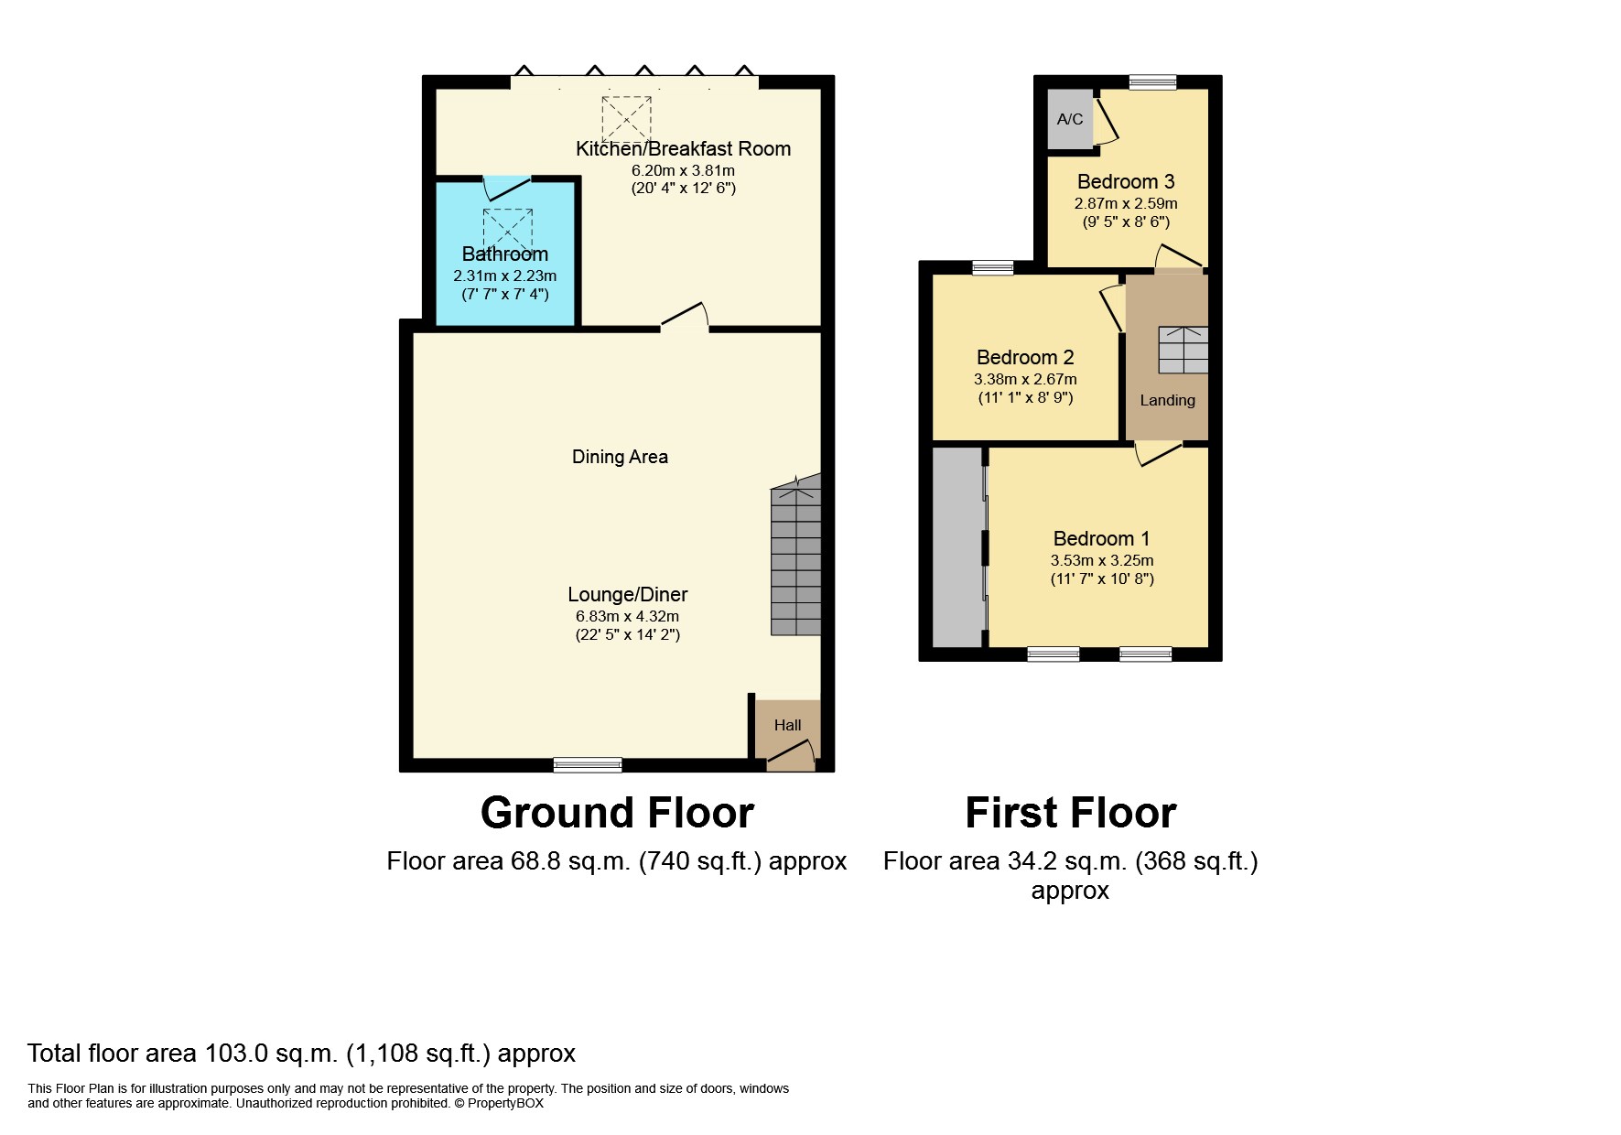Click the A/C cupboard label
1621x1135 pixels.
coord(1069,119)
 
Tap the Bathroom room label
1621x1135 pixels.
coord(504,254)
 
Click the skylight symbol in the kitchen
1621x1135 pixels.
coord(626,119)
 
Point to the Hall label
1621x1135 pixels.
coord(787,725)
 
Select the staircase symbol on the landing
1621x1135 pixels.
coord(1183,350)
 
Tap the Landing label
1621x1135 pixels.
coord(1167,400)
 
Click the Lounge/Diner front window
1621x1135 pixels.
coord(588,764)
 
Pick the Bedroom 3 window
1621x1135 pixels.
coord(1152,82)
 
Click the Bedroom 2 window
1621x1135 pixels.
coord(992,267)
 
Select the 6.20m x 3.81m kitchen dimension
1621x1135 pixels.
coord(683,170)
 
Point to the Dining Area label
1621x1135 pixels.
coord(620,457)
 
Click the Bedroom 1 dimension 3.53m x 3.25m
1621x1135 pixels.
coord(1101,560)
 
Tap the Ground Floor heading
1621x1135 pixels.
coord(617,813)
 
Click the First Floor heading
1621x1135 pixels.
coord(1070,813)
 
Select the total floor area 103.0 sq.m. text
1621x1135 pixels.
coord(301,1054)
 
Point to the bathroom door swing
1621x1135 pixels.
coord(505,188)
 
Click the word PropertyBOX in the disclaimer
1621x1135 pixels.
coord(505,1103)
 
